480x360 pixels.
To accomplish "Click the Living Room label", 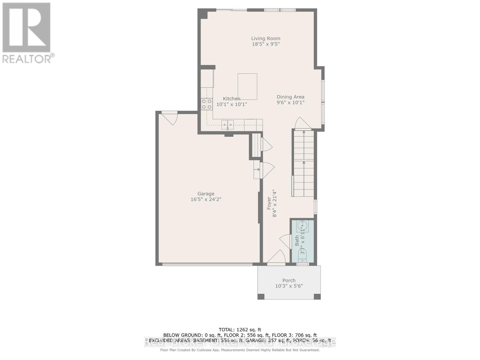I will [265, 38].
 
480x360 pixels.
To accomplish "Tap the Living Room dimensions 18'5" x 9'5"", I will [265, 44].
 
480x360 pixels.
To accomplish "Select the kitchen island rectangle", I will [247, 86].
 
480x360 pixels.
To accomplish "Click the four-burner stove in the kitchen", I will [207, 104].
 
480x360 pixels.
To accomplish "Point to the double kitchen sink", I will [228, 124].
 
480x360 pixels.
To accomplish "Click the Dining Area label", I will [290, 97].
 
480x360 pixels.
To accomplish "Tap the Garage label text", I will [206, 194].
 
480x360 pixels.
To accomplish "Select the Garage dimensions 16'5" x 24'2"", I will [206, 199].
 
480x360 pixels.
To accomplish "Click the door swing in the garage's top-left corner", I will [170, 118].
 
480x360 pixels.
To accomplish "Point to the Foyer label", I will [269, 203].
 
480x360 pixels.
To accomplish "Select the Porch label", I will [289, 280].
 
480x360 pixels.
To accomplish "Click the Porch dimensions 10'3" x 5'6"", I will [289, 286].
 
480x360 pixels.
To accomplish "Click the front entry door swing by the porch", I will [277, 257].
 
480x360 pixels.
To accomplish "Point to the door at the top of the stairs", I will [302, 123].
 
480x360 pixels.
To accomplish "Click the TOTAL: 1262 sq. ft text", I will [240, 330].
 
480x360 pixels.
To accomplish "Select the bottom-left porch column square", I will [261, 296].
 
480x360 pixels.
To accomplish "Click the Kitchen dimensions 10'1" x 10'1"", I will [232, 104].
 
